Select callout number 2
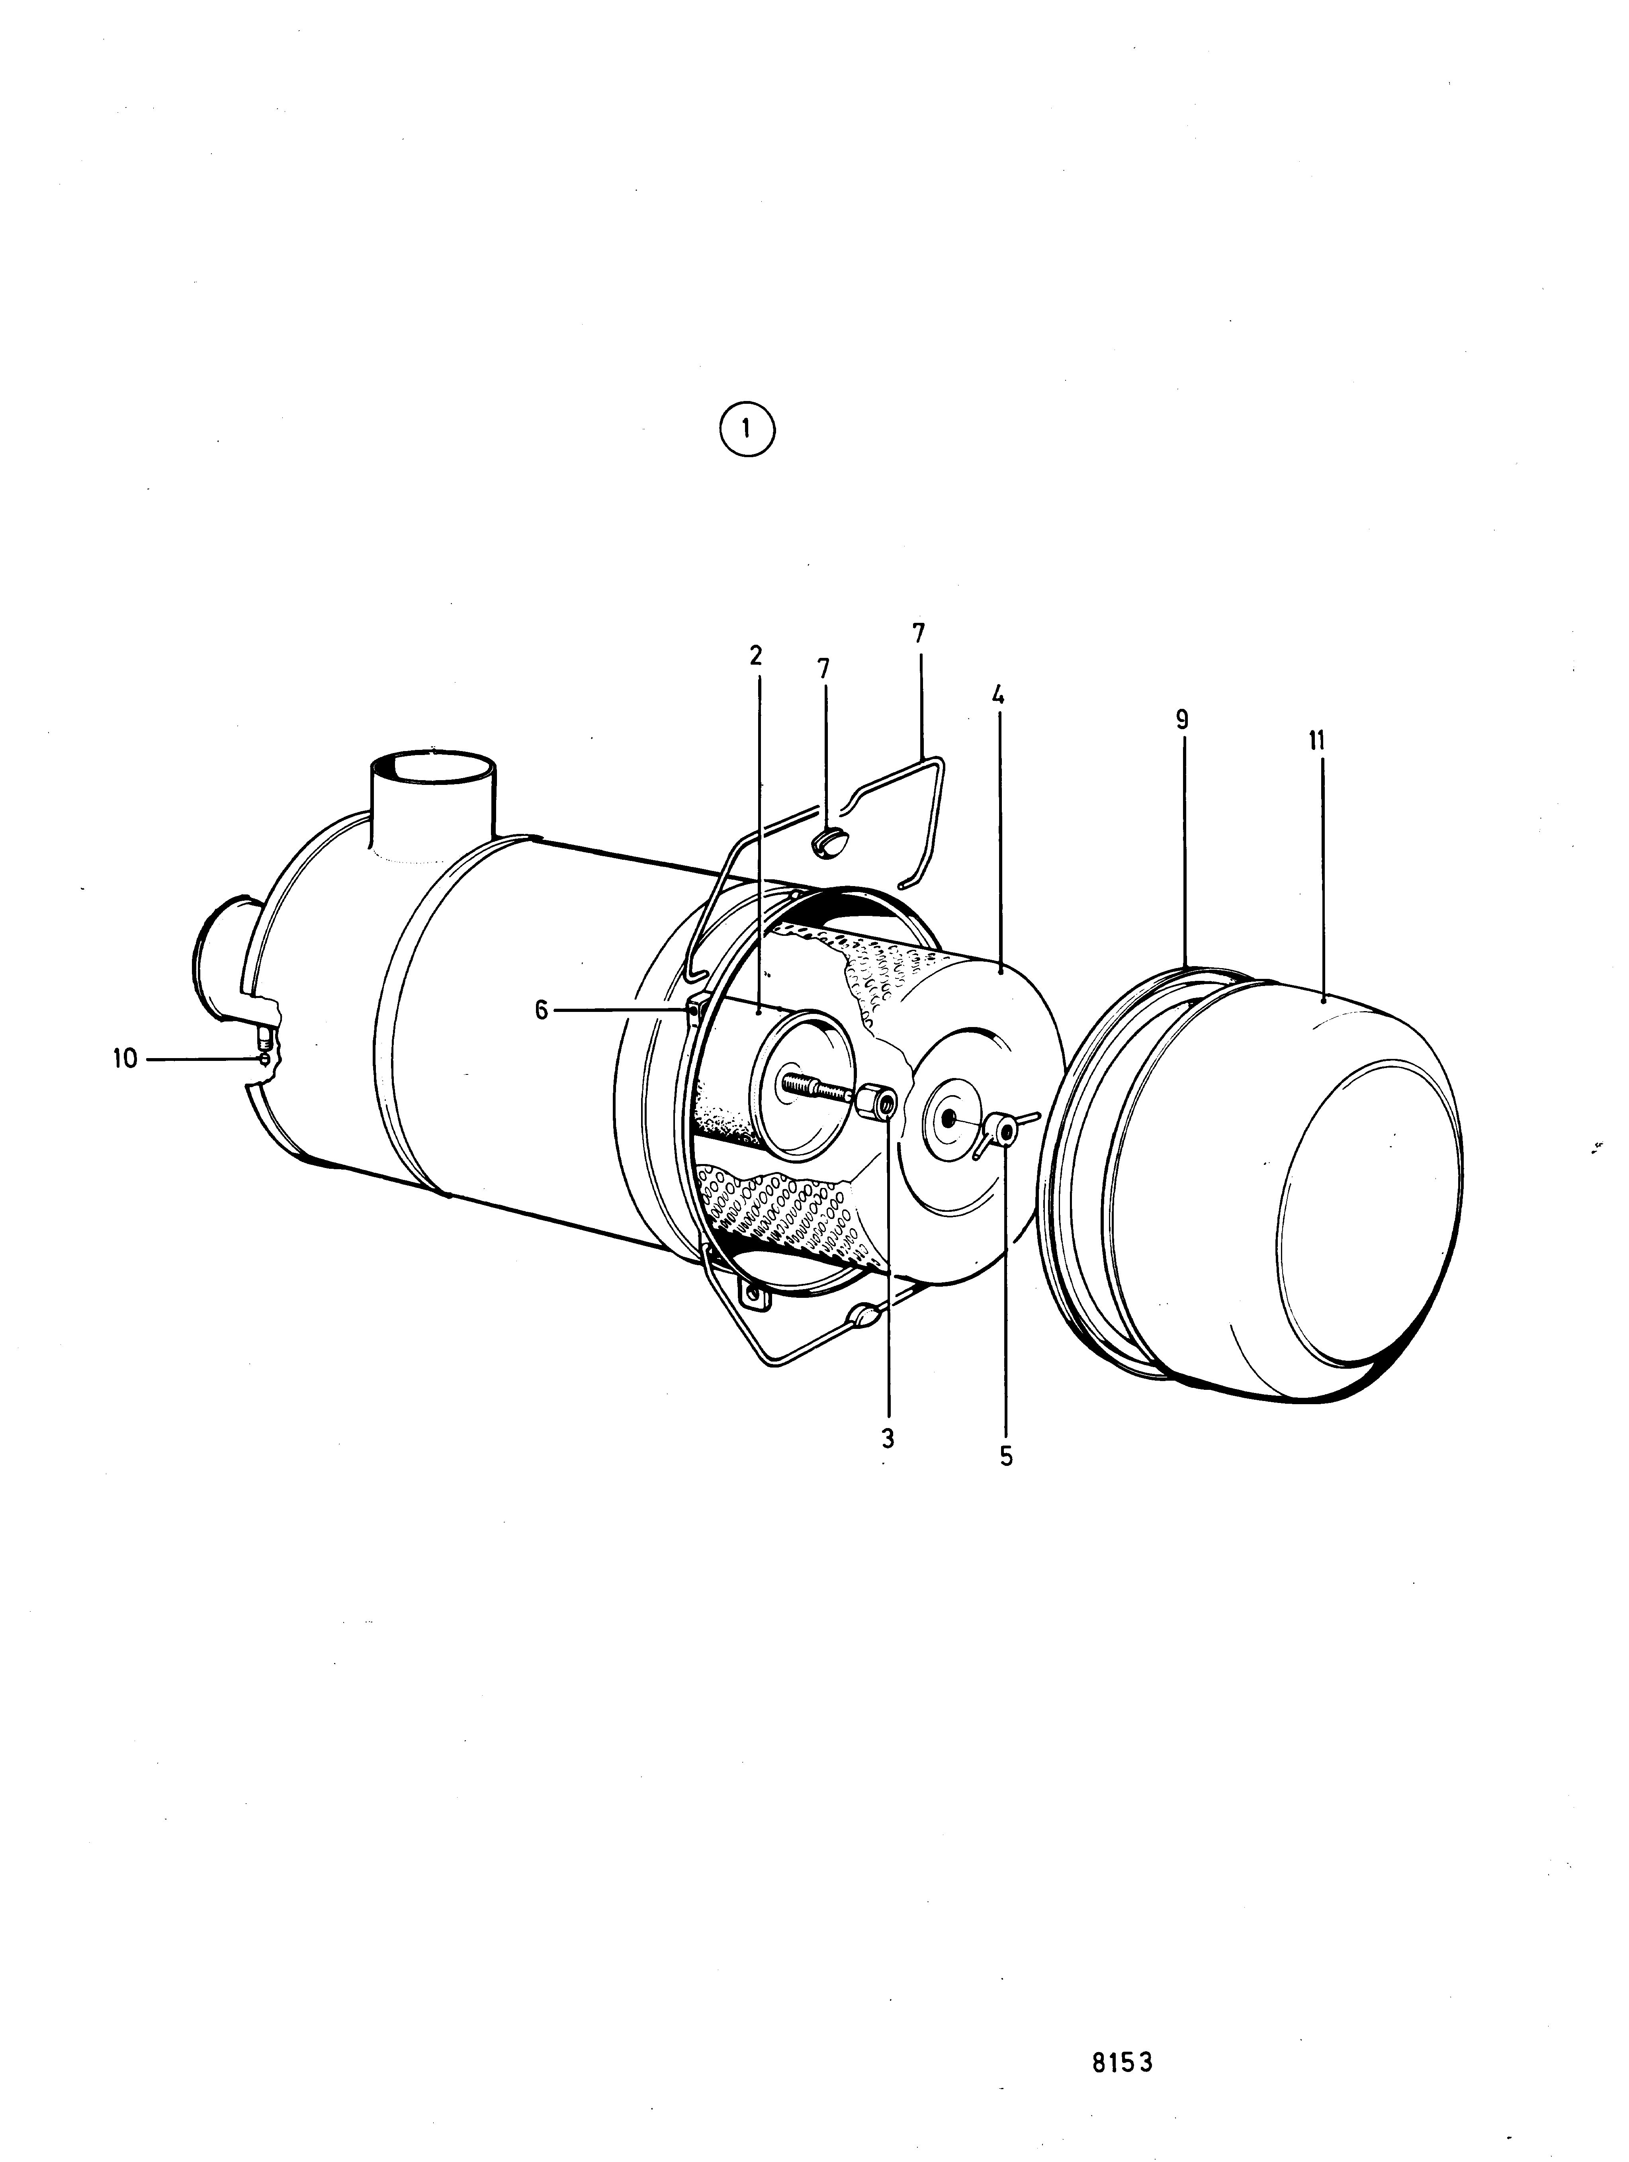point(755,656)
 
